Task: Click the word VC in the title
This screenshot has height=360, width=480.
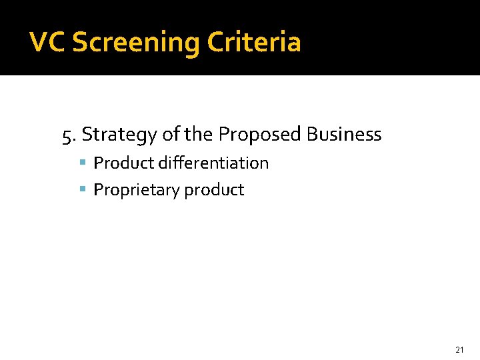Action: tap(48, 43)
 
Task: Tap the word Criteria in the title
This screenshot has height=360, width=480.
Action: tap(254, 43)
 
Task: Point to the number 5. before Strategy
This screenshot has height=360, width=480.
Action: tap(69, 135)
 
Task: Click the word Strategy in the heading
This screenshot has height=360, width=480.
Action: tap(120, 135)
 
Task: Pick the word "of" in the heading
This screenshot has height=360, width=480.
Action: tap(171, 135)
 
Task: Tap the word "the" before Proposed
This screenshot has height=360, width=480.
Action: tap(199, 135)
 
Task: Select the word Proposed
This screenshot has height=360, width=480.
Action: tap(261, 135)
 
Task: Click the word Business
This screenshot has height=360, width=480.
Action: tap(344, 135)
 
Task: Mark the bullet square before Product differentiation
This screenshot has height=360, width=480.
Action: tap(83, 163)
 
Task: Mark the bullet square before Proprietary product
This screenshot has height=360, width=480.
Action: tap(83, 189)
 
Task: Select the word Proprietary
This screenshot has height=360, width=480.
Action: tap(137, 190)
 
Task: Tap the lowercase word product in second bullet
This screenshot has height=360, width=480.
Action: tap(214, 191)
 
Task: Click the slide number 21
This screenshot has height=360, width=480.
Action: tap(459, 349)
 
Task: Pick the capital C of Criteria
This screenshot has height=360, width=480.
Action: tap(217, 43)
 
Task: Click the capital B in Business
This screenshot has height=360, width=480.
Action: tap(312, 135)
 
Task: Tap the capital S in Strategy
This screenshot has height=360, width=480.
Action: tap(87, 135)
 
